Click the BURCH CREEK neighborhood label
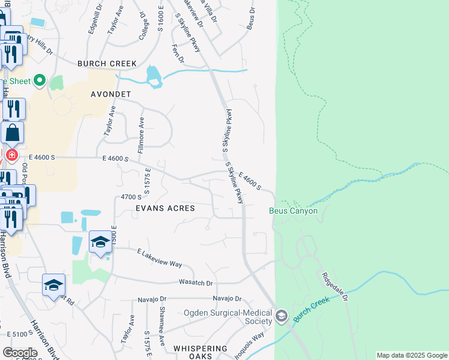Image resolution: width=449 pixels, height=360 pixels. tap(107, 64)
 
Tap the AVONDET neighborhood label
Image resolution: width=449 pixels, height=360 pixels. tap(110, 95)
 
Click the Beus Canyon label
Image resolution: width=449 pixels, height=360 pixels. tap(293, 211)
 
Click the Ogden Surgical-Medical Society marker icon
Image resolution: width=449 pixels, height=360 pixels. tap(282, 316)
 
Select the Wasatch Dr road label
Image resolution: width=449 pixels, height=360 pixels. tap(196, 282)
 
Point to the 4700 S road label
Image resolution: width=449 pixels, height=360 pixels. tap(131, 197)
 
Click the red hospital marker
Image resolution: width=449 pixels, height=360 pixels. tap(11, 155)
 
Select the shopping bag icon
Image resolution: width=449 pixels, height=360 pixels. tap(13, 133)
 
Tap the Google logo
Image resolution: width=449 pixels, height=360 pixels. tap(20, 353)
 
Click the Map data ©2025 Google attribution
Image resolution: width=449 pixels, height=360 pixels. tap(411, 355)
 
